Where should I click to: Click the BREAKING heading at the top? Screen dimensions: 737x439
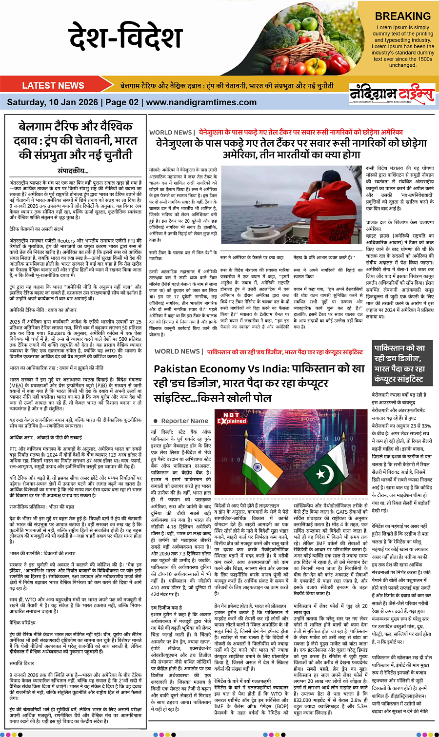tap(403, 16)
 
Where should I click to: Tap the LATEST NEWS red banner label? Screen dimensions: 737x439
tap(53, 85)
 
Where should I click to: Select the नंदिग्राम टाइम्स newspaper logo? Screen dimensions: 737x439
tap(392, 94)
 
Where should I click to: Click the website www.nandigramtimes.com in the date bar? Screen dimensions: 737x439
tap(194, 102)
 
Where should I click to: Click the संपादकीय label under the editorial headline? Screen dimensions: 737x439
tap(73, 171)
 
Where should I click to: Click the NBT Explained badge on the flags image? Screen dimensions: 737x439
tap(232, 418)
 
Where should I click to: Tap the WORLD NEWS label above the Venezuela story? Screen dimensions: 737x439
tap(171, 132)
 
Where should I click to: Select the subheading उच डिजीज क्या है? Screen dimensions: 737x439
tap(166, 608)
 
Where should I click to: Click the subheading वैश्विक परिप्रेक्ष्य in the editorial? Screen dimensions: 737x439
tap(24, 622)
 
